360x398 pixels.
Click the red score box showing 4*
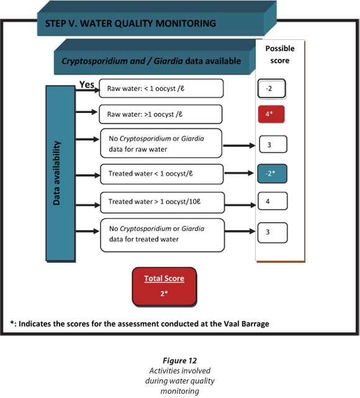(x=271, y=114)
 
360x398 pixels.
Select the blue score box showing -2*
(x=272, y=174)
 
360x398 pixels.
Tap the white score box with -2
(x=272, y=89)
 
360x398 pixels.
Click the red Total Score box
(x=164, y=286)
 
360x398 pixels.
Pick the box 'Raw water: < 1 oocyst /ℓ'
(x=161, y=88)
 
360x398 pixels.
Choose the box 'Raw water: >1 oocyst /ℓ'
(x=161, y=114)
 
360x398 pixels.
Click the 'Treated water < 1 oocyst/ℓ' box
(x=162, y=174)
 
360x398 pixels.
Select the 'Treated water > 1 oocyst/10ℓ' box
(x=163, y=202)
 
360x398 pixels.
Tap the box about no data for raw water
(x=161, y=143)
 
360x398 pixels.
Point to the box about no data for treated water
(x=163, y=235)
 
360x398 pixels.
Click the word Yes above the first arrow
(x=87, y=84)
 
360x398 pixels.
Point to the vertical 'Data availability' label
(x=56, y=173)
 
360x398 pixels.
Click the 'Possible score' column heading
(x=280, y=54)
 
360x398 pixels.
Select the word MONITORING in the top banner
(x=186, y=24)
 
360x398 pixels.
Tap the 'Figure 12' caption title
(x=179, y=360)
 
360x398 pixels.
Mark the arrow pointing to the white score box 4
(x=240, y=205)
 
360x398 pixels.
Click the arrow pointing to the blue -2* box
(x=239, y=173)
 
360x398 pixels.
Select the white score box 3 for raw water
(x=273, y=144)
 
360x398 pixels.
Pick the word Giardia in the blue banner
(x=168, y=61)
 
